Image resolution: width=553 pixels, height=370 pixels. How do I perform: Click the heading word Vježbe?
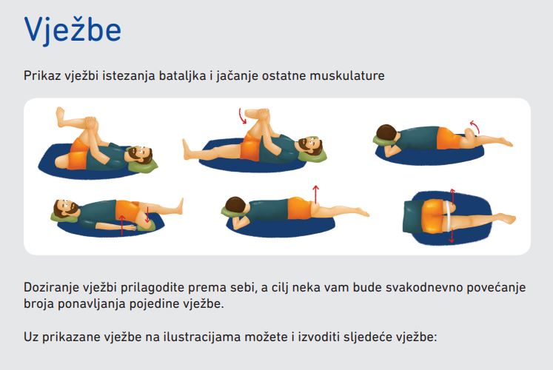click(x=73, y=30)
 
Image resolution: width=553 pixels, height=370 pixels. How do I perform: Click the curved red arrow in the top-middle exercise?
click(x=241, y=116)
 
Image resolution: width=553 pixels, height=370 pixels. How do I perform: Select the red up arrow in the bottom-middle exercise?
click(x=315, y=194)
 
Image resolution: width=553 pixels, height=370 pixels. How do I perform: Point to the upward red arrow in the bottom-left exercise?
click(x=122, y=225)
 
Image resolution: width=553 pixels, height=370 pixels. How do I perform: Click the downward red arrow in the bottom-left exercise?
click(x=147, y=215)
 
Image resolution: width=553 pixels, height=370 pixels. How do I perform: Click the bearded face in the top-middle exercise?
click(x=309, y=144)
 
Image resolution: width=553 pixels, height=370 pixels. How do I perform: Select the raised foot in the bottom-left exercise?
click(x=180, y=206)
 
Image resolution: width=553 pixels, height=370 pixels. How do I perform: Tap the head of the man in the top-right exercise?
click(x=387, y=133)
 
